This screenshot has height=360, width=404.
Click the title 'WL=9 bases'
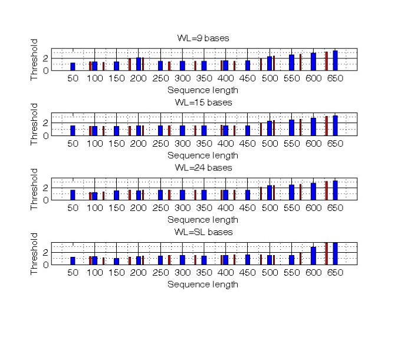click(203, 38)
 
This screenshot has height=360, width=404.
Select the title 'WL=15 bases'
click(203, 103)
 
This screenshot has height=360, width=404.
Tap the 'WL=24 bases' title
click(203, 167)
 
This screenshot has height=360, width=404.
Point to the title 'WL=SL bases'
click(203, 232)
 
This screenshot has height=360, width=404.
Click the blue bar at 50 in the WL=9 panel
click(73, 67)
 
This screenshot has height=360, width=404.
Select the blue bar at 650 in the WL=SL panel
click(335, 253)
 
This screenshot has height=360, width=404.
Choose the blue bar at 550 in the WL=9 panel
click(291, 62)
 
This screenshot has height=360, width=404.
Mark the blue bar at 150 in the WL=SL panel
click(116, 261)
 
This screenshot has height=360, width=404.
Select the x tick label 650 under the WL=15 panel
click(335, 143)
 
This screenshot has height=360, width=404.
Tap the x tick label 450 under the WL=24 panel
click(248, 208)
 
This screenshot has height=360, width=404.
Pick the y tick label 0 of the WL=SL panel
click(46, 265)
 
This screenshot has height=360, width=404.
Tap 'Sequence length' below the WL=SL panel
click(203, 285)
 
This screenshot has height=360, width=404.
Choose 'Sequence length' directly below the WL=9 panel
click(203, 90)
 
